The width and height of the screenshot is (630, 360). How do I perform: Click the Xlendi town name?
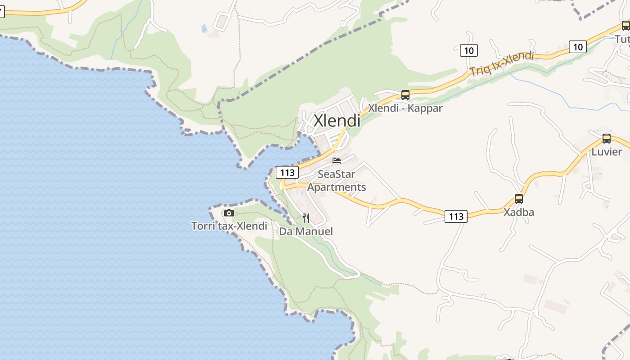pos(337,121)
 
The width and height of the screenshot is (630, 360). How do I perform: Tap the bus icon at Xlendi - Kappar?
pos(405,95)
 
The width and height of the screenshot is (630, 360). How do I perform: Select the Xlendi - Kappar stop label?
pos(405,108)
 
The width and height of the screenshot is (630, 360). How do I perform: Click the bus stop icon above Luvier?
pos(607,139)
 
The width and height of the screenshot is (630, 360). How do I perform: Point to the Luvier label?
pos(607,152)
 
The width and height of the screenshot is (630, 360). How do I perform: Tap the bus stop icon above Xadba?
pos(519,199)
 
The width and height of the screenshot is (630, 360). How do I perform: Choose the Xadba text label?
pos(519,212)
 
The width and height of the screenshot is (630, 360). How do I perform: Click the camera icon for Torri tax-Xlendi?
pos(229,213)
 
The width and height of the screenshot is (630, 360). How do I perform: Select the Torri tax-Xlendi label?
pos(229,226)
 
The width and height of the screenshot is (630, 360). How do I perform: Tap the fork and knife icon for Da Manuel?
pos(306,218)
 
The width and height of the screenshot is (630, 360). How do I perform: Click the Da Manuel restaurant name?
pos(306,231)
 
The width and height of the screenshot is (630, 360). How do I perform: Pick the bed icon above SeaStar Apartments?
pos(337,161)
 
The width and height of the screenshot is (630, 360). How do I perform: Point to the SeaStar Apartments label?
pos(337,180)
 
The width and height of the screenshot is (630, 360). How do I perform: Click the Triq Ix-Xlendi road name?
pos(501,64)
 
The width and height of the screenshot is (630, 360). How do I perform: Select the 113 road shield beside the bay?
pos(287,172)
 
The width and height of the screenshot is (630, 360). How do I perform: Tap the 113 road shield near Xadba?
pos(456,216)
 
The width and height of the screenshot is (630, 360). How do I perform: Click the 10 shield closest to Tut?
pos(578,46)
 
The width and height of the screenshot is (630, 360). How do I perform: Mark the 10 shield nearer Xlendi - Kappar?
pos(468,50)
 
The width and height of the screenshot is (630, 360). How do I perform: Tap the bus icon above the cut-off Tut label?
pos(625,26)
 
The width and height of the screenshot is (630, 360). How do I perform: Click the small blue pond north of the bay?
pos(204,28)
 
